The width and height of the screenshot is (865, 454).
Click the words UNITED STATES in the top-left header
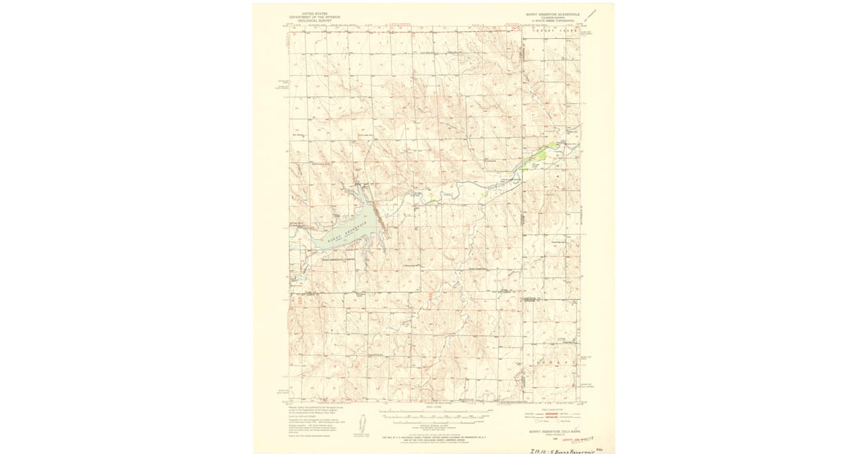pyautogui.click(x=314, y=13)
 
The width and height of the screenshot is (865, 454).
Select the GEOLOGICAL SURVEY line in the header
pyautogui.click(x=314, y=20)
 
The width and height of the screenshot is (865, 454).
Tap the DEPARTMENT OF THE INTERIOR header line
pyautogui.click(x=314, y=17)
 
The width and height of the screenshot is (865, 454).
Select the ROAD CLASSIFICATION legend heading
pyautogui.click(x=548, y=408)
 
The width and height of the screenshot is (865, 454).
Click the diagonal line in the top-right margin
pyautogui.click(x=593, y=14)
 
